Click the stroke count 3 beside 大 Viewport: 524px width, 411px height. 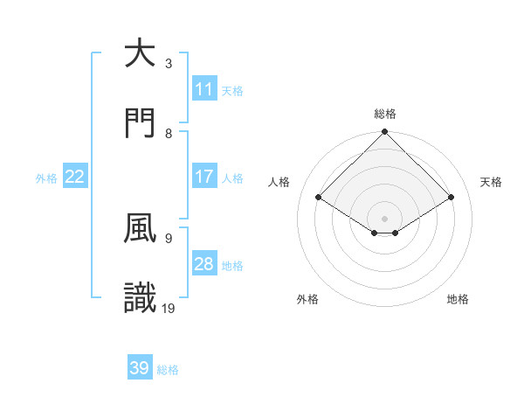[x=169, y=64]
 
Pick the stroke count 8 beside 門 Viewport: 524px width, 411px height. [x=169, y=134]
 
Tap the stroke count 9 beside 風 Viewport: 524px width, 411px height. [x=169, y=238]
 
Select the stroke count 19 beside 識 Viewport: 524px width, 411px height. [x=169, y=308]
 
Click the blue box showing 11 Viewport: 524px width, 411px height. [x=204, y=89]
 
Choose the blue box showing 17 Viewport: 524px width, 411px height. [x=204, y=177]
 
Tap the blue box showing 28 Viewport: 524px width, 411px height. [x=204, y=264]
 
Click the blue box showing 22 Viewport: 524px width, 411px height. [x=75, y=177]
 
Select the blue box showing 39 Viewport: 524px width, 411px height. [x=140, y=369]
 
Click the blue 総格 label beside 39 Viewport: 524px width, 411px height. [x=168, y=370]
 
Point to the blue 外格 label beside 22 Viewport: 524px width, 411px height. [x=46, y=178]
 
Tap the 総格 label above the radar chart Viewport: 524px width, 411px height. [x=385, y=114]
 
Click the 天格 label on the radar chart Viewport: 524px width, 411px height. [x=492, y=182]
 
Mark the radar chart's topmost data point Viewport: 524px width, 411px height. [x=385, y=133]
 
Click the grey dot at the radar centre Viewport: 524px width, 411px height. [x=385, y=218]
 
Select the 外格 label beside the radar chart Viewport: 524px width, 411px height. [x=307, y=299]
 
